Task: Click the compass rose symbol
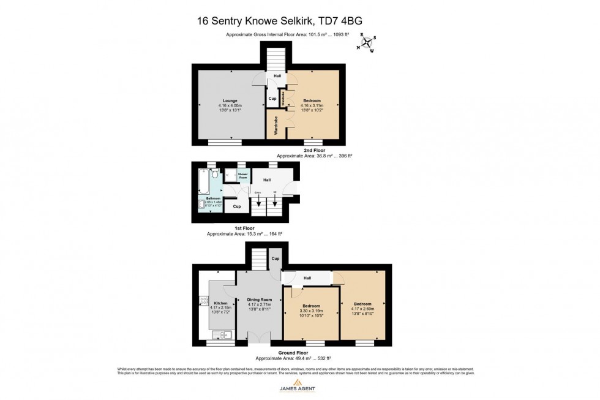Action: (367, 42)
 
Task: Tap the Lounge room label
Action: (230, 100)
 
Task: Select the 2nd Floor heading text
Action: (313, 150)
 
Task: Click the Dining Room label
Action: (258, 300)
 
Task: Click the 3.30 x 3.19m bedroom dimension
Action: (311, 311)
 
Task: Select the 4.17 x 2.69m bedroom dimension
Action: (362, 308)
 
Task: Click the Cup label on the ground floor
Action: (275, 258)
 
